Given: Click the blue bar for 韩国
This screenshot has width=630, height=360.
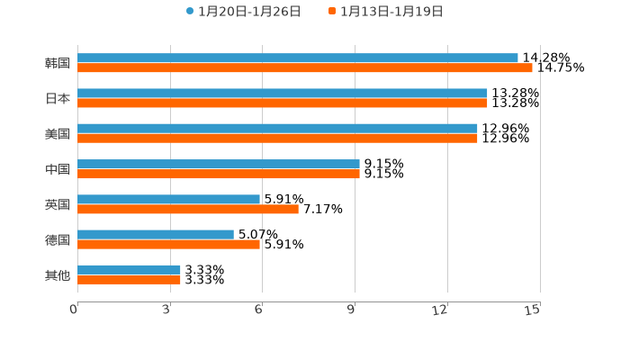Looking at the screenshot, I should (297, 58).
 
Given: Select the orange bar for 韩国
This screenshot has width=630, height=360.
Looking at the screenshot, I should (304, 67).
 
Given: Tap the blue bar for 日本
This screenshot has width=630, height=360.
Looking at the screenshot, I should (282, 93).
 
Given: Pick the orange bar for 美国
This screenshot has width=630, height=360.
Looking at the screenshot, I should (277, 138).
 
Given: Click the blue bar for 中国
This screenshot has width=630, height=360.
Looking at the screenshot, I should (218, 164).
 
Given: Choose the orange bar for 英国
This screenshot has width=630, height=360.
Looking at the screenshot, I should (187, 209).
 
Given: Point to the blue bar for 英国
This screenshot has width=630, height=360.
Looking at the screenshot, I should (168, 199).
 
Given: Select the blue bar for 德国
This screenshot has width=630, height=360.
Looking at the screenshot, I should (155, 234).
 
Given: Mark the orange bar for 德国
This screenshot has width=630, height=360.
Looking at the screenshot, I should (168, 244).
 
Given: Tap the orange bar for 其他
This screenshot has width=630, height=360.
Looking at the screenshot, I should (129, 279).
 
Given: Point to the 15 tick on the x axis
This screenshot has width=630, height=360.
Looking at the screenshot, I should (533, 310).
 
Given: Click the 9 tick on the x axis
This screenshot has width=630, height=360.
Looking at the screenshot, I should (353, 310).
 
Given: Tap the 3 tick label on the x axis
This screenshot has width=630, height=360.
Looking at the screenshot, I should (167, 310).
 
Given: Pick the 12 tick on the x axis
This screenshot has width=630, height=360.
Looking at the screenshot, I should (440, 310).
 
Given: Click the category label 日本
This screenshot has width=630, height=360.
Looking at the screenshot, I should (58, 98).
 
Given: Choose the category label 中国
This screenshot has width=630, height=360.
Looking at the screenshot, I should (58, 169).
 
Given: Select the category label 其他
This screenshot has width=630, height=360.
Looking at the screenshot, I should (58, 274).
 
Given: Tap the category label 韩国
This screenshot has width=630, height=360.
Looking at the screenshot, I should (58, 63).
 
